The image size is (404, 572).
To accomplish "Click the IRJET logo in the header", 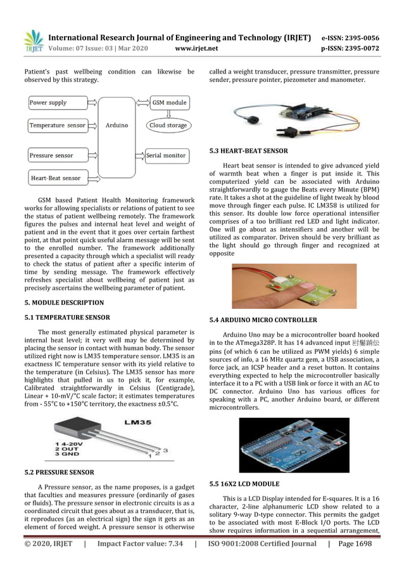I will [x=34, y=41].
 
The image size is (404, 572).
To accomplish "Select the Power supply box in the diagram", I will [x=57, y=102].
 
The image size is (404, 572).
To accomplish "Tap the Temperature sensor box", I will [x=58, y=126].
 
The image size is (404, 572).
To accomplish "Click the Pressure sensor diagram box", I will [x=57, y=155].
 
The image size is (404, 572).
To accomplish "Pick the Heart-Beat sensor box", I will [x=58, y=178].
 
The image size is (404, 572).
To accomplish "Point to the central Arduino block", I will [x=117, y=126].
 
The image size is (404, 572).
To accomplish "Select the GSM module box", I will [x=169, y=102].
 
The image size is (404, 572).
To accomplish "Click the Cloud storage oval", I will [x=168, y=126].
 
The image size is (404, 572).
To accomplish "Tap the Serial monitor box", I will [x=167, y=155].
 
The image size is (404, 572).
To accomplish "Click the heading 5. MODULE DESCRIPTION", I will [x=64, y=303].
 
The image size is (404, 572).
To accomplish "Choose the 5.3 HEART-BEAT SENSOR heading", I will [x=248, y=151].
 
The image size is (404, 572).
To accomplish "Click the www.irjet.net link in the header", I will [x=196, y=48].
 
